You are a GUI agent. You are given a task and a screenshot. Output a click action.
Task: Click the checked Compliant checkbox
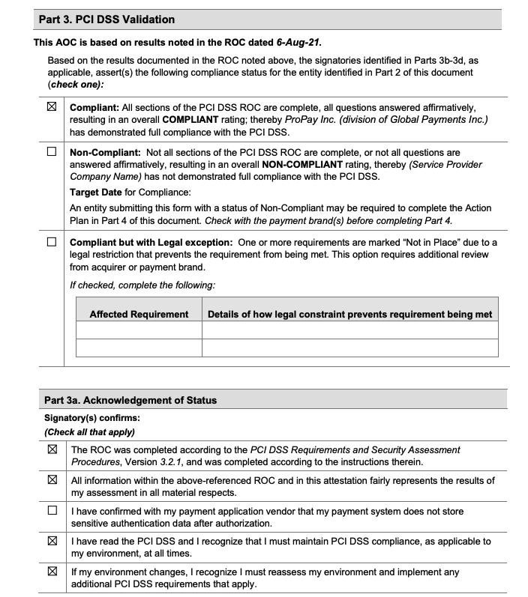[52, 107]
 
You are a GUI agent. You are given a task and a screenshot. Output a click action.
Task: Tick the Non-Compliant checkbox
[52, 151]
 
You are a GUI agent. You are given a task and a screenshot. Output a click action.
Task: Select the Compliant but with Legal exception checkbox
[52, 242]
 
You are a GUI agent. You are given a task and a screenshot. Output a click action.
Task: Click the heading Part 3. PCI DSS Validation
[106, 19]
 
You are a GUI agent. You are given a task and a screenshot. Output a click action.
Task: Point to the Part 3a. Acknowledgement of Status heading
[130, 400]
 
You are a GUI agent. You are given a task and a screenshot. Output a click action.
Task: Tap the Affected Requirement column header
[139, 314]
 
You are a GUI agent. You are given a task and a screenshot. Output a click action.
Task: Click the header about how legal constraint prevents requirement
[349, 314]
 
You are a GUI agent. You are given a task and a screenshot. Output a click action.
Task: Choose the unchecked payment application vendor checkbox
[52, 511]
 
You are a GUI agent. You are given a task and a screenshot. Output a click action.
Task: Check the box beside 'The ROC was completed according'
[52, 450]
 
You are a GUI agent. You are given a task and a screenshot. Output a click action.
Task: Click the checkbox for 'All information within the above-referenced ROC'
[52, 480]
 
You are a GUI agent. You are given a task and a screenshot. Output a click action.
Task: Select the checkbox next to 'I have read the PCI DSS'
[52, 541]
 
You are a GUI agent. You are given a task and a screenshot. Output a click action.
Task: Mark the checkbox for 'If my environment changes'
[52, 572]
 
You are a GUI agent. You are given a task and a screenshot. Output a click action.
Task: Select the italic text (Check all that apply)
[89, 431]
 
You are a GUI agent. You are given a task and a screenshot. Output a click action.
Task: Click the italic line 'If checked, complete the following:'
[142, 285]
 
